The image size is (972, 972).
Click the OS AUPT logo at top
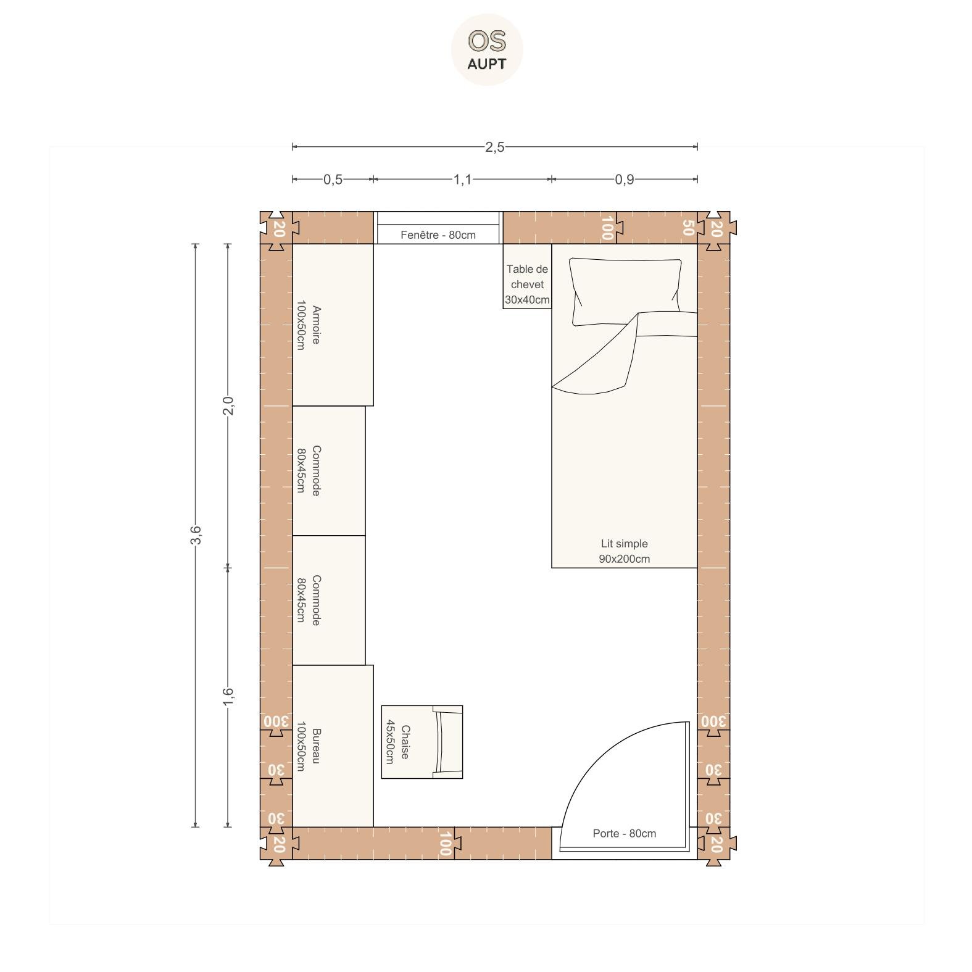click(x=487, y=49)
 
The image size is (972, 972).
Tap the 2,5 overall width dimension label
click(x=494, y=147)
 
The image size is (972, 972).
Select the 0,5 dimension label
click(x=333, y=180)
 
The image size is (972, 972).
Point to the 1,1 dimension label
click(x=462, y=180)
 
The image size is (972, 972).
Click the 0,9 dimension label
click(x=624, y=180)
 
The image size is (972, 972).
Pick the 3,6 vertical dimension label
click(x=196, y=535)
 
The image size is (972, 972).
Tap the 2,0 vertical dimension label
click(x=228, y=405)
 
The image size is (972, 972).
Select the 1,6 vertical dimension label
click(x=228, y=697)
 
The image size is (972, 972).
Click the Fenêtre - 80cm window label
click(x=438, y=235)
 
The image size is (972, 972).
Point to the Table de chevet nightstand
click(x=527, y=276)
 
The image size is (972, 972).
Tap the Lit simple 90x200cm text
click(x=624, y=551)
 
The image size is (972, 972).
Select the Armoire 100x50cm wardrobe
click(x=333, y=325)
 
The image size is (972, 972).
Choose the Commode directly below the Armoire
click(x=328, y=470)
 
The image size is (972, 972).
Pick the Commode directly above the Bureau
click(x=328, y=600)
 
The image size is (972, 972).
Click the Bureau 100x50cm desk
click(x=333, y=746)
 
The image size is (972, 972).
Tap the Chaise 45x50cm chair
click(x=422, y=742)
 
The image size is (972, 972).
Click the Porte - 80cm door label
click(x=624, y=833)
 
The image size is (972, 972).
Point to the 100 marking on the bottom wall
click(x=445, y=844)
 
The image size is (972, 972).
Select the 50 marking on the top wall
click(x=688, y=228)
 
